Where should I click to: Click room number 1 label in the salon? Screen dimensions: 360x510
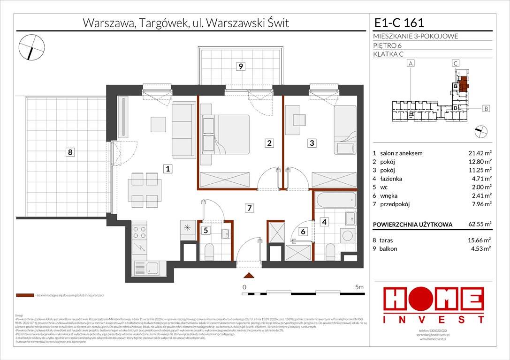tap(167, 170)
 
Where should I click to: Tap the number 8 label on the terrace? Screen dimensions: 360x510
tap(69, 152)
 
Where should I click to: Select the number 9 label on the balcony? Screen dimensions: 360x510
tap(240, 67)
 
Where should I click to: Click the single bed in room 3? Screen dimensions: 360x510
tap(345, 129)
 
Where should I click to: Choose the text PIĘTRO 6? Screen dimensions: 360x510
tap(388, 45)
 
